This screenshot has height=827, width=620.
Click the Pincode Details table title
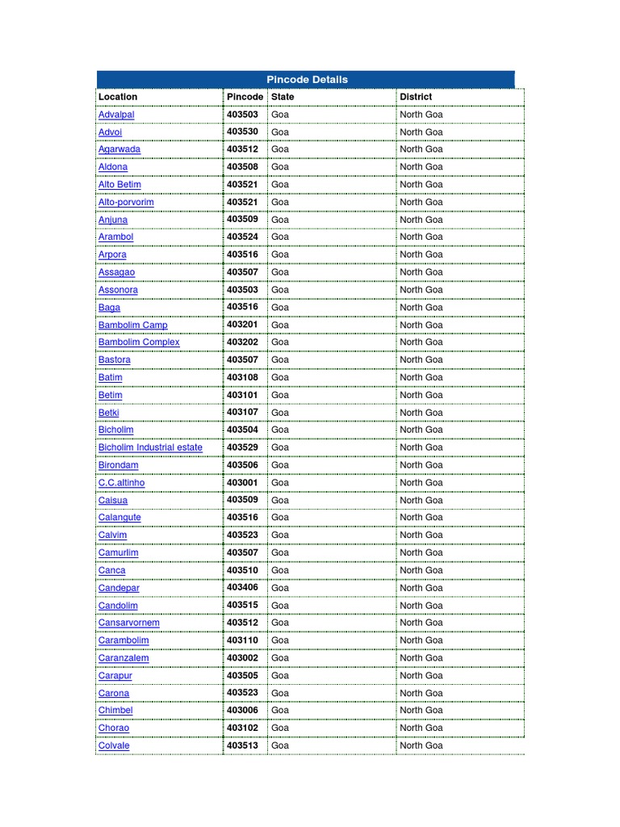point(307,79)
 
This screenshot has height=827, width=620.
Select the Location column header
point(118,97)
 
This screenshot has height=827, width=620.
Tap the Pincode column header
point(245,97)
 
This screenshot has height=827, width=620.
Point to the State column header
point(283,97)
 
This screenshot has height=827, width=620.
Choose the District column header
point(416,97)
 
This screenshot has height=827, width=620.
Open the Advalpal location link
point(116,115)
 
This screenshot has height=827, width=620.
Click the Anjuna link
point(113,220)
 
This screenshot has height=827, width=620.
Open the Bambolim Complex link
point(139,342)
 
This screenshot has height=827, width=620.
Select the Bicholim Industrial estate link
point(150,447)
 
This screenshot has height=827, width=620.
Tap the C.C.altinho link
point(122,483)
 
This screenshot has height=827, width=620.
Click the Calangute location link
point(119,518)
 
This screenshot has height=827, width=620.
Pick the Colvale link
point(114,745)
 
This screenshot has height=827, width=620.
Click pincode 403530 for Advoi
point(242,132)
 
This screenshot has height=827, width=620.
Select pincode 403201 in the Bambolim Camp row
point(242,325)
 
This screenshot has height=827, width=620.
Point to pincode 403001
point(242,482)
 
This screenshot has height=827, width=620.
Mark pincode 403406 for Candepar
point(242,587)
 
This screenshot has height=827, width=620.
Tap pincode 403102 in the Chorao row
point(242,728)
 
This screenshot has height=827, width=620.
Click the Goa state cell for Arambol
point(279,237)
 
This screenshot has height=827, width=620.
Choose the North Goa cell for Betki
point(421,413)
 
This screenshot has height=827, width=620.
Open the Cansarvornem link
point(129,623)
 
